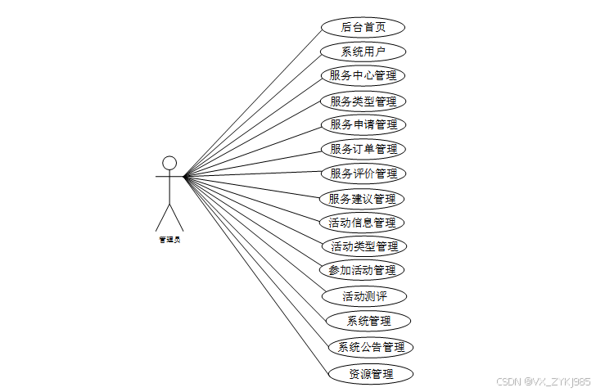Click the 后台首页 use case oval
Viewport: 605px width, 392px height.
pyautogui.click(x=363, y=27)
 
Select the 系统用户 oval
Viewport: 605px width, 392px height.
pyautogui.click(x=363, y=52)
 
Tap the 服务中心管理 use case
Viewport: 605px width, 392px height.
pyautogui.click(x=363, y=76)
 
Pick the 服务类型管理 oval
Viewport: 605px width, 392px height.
pyautogui.click(x=363, y=101)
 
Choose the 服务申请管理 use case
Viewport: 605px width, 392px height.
pyautogui.click(x=363, y=124)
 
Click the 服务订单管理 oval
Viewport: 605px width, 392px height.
pyautogui.click(x=363, y=149)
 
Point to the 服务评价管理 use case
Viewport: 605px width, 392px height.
pyautogui.click(x=363, y=173)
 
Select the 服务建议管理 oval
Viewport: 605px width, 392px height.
pyautogui.click(x=362, y=198)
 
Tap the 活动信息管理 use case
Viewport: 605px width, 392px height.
pyautogui.click(x=362, y=222)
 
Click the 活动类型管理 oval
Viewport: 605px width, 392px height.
pyautogui.click(x=364, y=246)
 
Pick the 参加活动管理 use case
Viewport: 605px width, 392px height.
pyautogui.click(x=362, y=270)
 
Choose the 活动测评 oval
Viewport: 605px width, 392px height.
pyautogui.click(x=364, y=295)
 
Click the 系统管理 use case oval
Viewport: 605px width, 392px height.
pyautogui.click(x=368, y=320)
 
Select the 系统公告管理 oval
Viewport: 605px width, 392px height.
pyautogui.click(x=371, y=347)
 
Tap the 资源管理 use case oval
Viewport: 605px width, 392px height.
pyautogui.click(x=371, y=374)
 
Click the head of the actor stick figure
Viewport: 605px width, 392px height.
pyautogui.click(x=169, y=162)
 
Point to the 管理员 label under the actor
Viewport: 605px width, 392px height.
pyautogui.click(x=169, y=240)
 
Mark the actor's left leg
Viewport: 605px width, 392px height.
pyautogui.click(x=162, y=217)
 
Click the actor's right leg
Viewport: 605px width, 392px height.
pyautogui.click(x=177, y=217)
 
